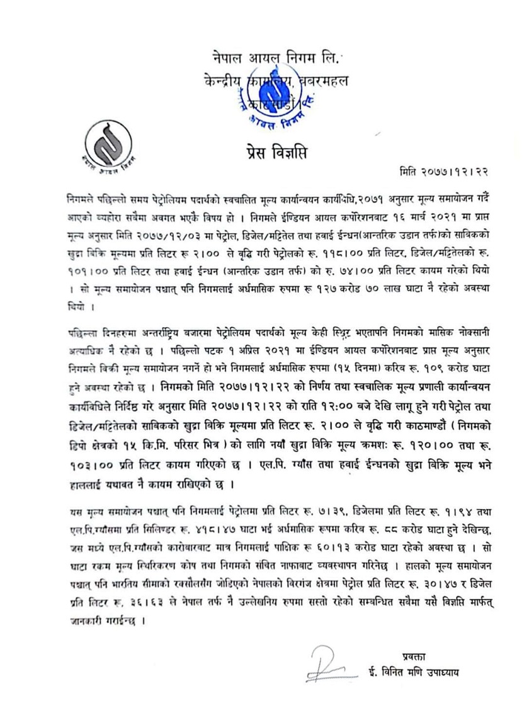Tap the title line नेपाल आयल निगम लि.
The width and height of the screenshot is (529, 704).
[x=275, y=61]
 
